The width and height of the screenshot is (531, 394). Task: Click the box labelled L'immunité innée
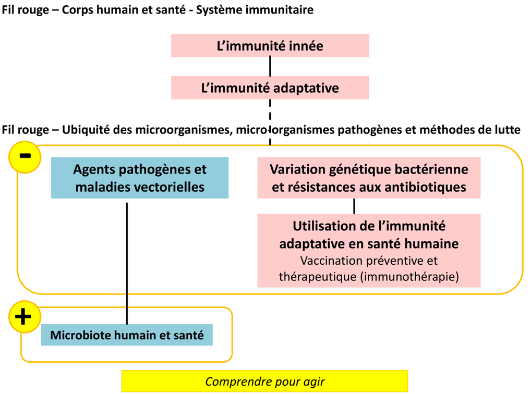(x=270, y=45)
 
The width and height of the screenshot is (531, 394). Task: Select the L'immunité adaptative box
(x=270, y=88)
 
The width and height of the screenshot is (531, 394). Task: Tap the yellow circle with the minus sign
(x=25, y=157)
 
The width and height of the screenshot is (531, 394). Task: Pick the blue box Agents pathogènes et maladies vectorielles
(x=140, y=178)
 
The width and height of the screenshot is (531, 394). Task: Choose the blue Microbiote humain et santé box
(x=127, y=335)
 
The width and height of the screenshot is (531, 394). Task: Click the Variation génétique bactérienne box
(x=369, y=178)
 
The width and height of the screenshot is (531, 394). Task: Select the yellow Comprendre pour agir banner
(x=265, y=381)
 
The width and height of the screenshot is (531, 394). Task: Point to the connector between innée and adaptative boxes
(x=270, y=66)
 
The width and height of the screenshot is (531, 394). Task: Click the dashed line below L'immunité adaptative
(x=270, y=122)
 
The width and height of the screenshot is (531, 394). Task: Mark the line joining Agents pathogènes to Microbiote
(x=127, y=263)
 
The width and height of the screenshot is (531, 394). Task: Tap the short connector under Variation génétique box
(x=354, y=206)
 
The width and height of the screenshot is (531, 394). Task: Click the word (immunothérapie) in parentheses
(x=409, y=277)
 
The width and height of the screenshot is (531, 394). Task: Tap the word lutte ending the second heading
(x=506, y=130)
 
